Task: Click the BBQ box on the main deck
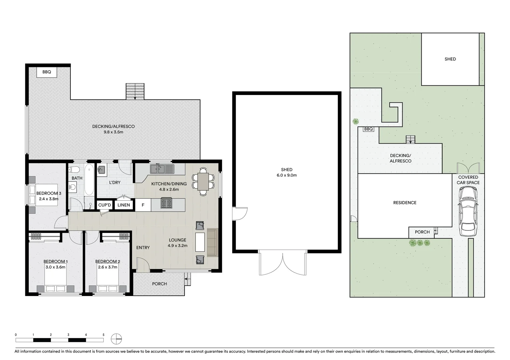(x=47, y=72)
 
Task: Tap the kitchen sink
(x=162, y=169)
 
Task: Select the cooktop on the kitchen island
(x=166, y=203)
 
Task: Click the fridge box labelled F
(x=143, y=205)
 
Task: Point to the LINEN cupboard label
(x=124, y=205)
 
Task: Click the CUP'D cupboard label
(x=104, y=205)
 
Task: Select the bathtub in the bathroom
(x=89, y=180)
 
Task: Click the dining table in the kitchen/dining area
(x=203, y=181)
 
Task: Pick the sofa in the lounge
(x=212, y=242)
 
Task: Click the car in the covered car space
(x=468, y=211)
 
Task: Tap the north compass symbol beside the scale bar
(x=116, y=339)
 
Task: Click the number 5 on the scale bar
(x=103, y=335)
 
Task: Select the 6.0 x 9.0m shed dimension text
(x=287, y=175)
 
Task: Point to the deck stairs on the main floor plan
(x=135, y=91)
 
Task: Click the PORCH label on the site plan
(x=422, y=232)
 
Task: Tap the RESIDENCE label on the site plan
(x=405, y=203)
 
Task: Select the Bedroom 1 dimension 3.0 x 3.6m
(x=55, y=267)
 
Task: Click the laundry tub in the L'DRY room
(x=101, y=170)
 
